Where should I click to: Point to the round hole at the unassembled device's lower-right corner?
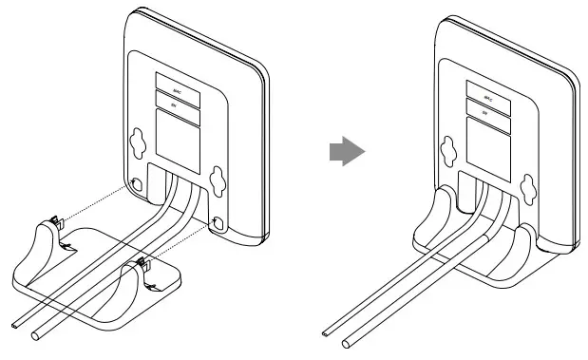[x=220, y=224]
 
